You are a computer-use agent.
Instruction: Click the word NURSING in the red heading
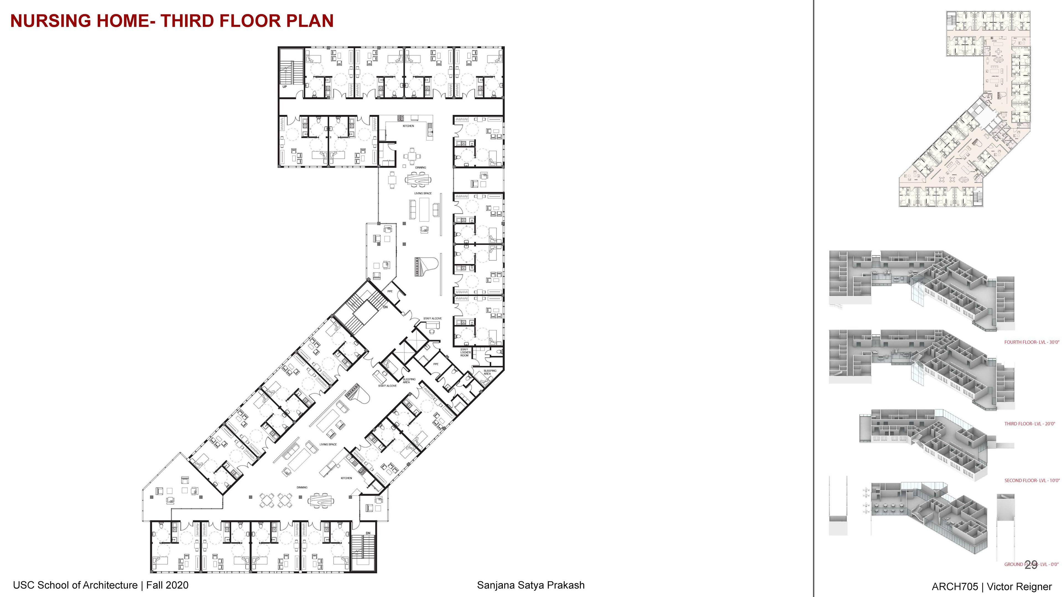tap(51, 21)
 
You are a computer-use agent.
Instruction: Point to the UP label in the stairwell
tap(285, 87)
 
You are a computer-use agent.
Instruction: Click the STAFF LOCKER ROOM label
tap(465, 352)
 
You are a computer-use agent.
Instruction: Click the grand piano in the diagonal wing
tap(355, 391)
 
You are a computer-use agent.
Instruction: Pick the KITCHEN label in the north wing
tap(408, 126)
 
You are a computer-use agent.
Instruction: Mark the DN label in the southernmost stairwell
tap(368, 533)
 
